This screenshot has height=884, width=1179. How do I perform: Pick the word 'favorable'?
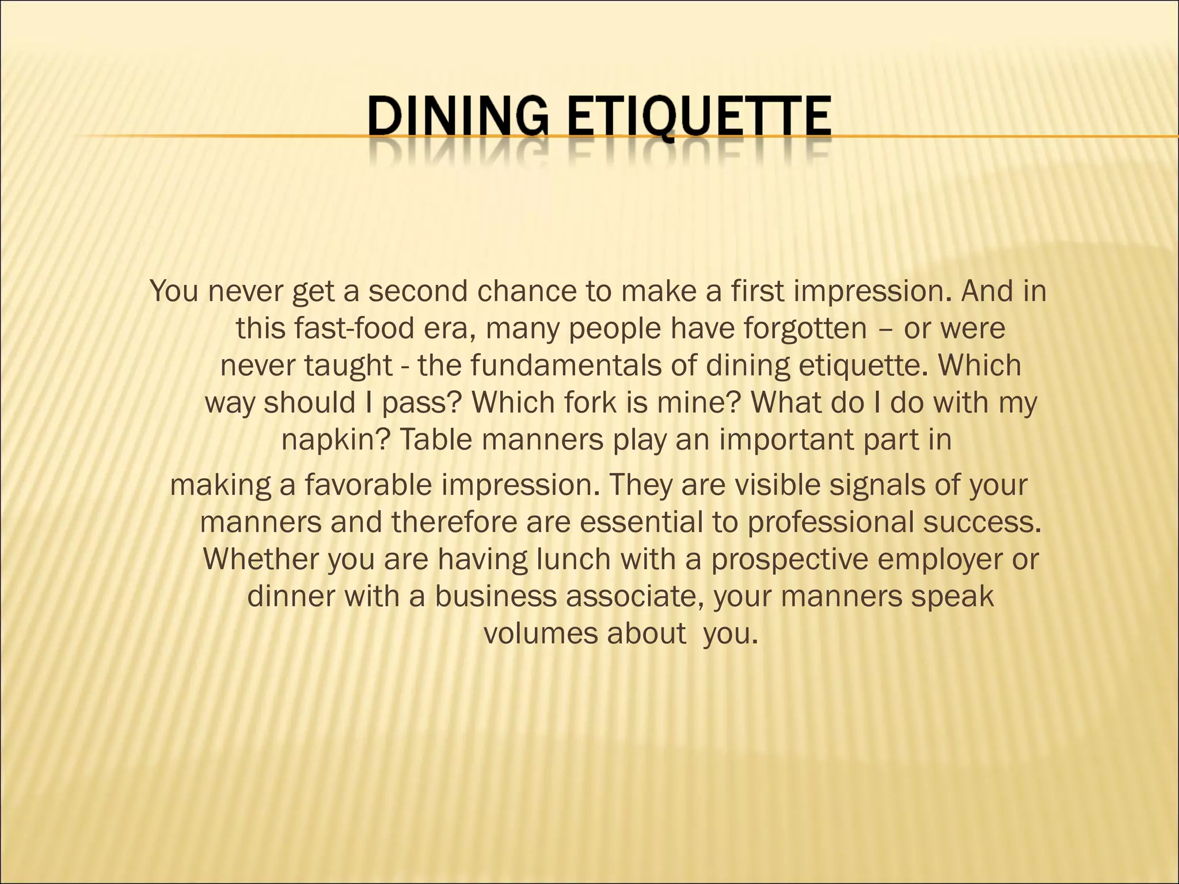(368, 485)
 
